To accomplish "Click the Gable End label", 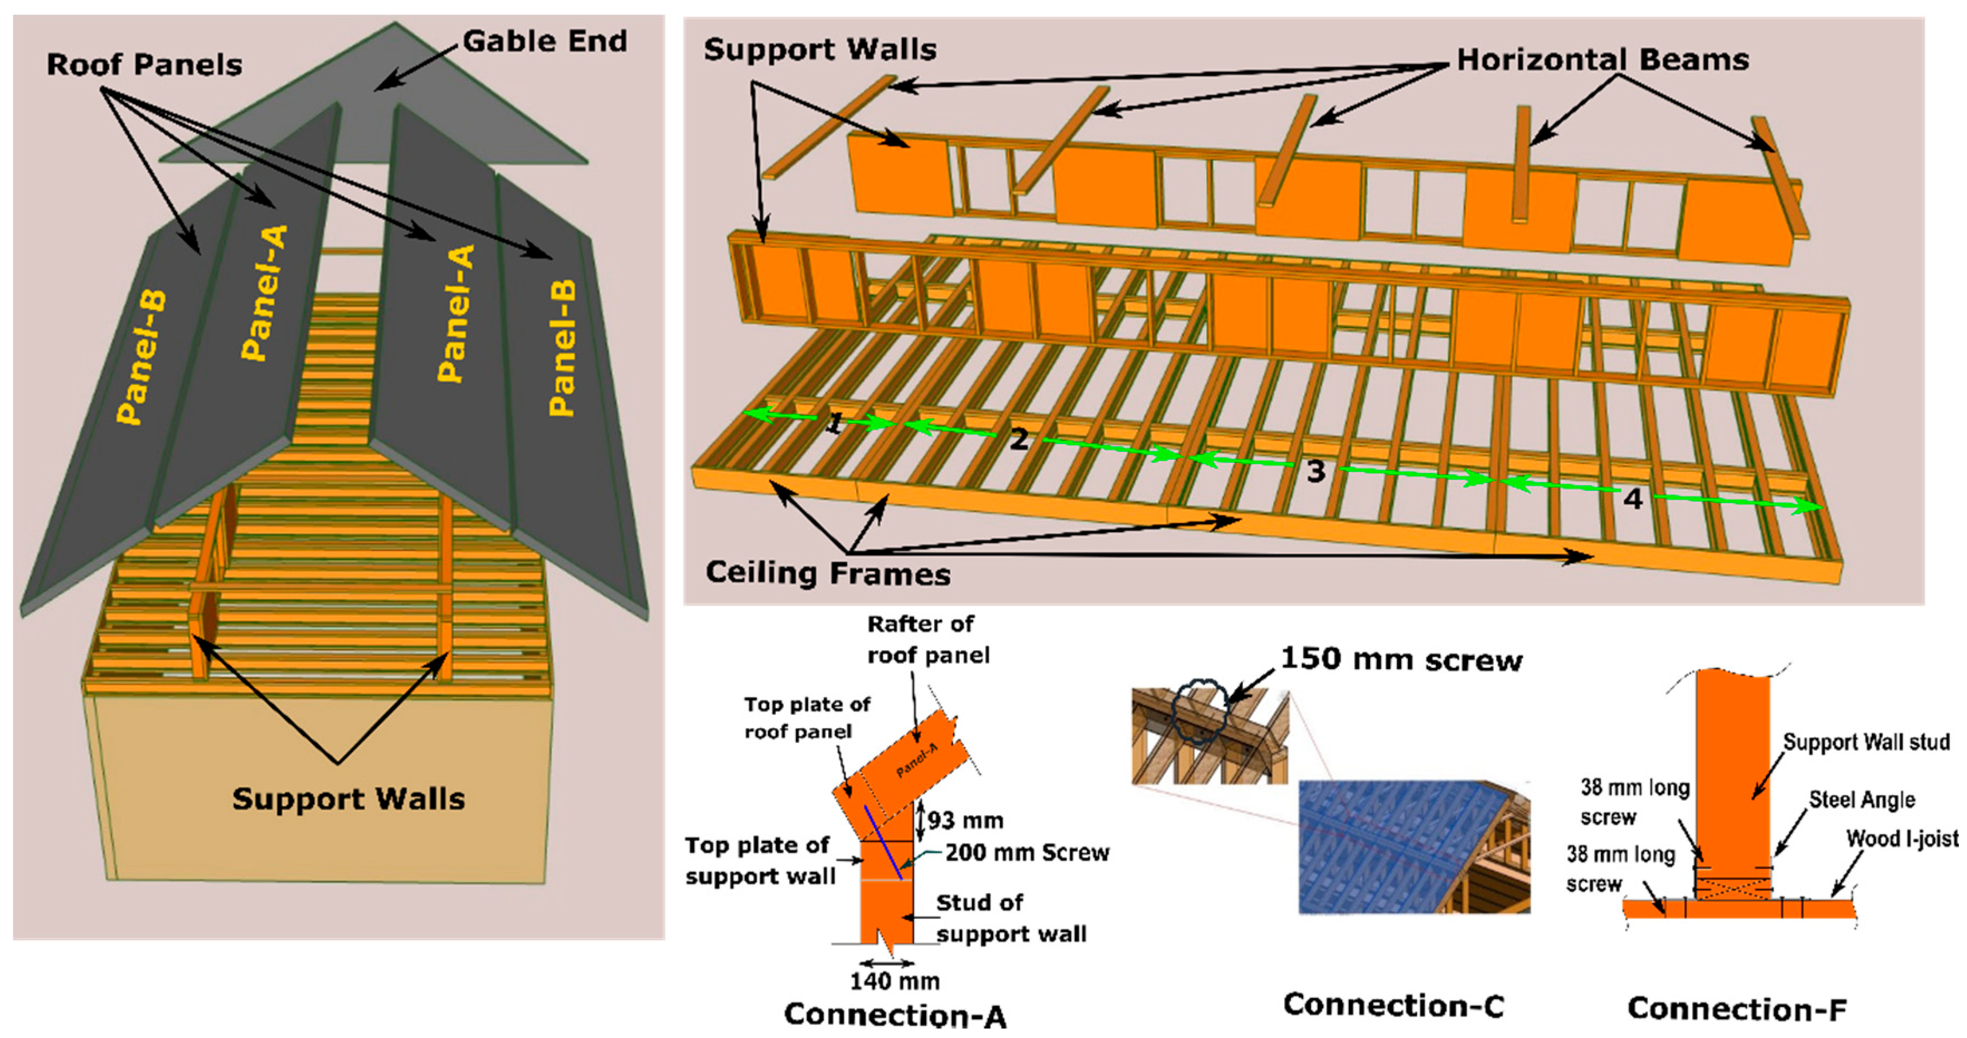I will (x=545, y=41).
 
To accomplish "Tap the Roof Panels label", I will (x=144, y=65).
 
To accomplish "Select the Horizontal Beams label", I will (x=1602, y=60).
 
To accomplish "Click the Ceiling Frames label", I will (x=828, y=572).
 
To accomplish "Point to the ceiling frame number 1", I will (x=834, y=422).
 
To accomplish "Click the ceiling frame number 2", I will (x=1019, y=440).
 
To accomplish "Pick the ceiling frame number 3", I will (x=1315, y=471).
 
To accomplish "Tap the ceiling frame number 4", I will (x=1632, y=499).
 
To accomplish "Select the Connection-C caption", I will (x=1393, y=1005).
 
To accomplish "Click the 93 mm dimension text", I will (x=965, y=821).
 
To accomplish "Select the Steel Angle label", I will (x=1862, y=800).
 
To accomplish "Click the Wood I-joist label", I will (x=1901, y=839).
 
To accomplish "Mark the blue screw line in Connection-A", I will (x=883, y=842).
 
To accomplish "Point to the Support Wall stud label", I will (x=1866, y=742).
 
